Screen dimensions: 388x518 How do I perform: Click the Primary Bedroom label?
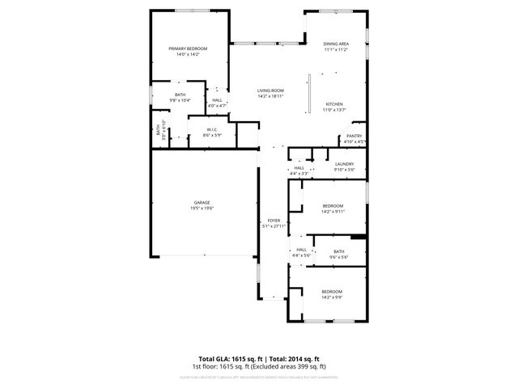tap(188, 49)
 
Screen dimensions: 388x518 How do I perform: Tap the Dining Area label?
tap(336, 44)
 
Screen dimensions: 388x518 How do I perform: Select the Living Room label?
tap(270, 90)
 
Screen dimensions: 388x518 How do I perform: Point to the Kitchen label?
tap(335, 104)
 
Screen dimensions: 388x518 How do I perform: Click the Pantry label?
tap(354, 136)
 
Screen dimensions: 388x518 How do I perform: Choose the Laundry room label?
tap(345, 164)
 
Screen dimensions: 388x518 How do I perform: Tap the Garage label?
tap(202, 202)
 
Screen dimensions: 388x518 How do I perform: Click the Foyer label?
tap(274, 221)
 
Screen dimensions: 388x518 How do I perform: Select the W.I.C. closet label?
tap(211, 129)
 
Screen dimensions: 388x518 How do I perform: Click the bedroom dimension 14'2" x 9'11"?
tap(333, 211)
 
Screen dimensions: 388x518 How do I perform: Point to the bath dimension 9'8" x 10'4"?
tap(180, 100)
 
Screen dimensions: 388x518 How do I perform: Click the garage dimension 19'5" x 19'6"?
tap(202, 208)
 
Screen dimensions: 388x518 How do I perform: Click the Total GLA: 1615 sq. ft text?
tap(227, 358)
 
